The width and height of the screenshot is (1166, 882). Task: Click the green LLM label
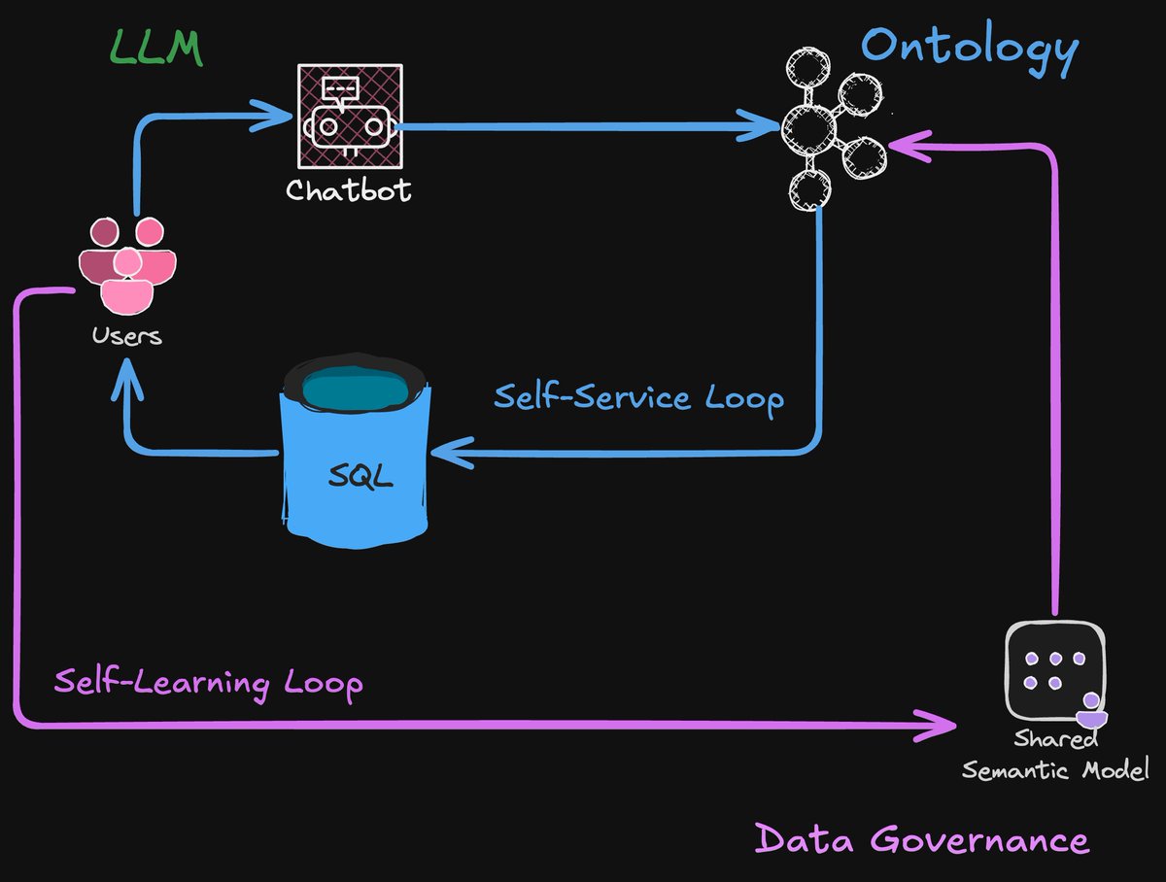point(155,48)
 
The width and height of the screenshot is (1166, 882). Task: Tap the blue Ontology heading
point(970,47)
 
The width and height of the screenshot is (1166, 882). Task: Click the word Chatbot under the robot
point(349,189)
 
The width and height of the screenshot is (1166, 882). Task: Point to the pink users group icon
point(127,264)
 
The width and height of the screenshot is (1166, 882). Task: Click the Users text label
point(126,337)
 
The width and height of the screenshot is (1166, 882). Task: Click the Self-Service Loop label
point(638,398)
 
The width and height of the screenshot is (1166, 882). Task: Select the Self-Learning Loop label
point(208,682)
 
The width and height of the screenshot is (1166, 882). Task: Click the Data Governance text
point(921,838)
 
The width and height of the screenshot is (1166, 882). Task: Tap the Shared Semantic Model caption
point(1055,755)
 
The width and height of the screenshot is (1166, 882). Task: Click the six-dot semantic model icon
point(1054,669)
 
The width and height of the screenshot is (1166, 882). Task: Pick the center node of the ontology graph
point(810,126)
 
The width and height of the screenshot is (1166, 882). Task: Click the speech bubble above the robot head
point(339,89)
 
